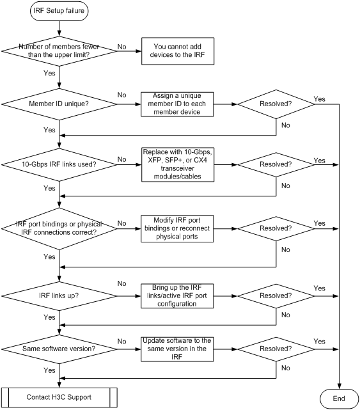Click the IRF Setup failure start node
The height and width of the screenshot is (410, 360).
pos(59,11)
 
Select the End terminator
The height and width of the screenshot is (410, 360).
pos(339,398)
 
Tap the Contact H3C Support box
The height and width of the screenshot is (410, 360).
pos(59,397)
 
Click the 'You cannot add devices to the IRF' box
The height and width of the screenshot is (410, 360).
pos(178,51)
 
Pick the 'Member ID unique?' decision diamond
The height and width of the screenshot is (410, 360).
pos(59,104)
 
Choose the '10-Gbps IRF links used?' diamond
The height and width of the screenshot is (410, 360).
pos(59,165)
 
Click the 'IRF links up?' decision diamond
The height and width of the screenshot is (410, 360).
pos(59,296)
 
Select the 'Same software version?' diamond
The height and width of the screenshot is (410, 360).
pos(59,349)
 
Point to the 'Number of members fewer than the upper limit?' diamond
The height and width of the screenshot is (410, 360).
pos(59,51)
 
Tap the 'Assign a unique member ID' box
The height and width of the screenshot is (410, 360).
pos(177,104)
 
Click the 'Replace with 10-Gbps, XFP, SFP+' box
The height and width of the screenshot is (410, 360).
pos(178,164)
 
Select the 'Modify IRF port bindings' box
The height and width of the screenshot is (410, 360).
pos(177,228)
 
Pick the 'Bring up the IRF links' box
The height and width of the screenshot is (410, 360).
pos(177,296)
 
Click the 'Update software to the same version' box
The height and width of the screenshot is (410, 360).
pos(177,349)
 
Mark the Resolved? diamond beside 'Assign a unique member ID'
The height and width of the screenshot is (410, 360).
pos(276,104)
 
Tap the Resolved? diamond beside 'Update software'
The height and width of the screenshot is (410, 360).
pos(276,349)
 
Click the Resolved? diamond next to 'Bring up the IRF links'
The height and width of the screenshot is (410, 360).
pos(276,296)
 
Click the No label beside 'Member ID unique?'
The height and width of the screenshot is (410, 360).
pos(122,95)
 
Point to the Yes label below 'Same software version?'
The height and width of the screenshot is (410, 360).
pos(49,370)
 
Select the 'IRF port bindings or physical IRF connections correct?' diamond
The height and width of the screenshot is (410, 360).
pos(59,228)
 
